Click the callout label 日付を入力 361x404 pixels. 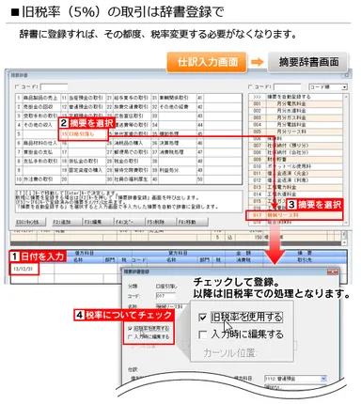(x=43, y=256)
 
